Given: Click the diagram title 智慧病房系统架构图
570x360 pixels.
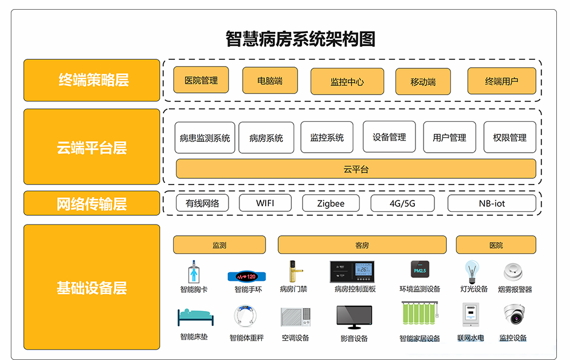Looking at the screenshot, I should pos(300,39).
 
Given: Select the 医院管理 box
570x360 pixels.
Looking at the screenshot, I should pos(201,80).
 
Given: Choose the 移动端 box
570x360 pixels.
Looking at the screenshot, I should pos(423,81).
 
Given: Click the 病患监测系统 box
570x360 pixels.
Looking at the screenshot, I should pos(205,137).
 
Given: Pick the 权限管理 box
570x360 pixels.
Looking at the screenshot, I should pos(510,137).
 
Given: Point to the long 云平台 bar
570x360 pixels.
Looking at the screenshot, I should pos(356,169).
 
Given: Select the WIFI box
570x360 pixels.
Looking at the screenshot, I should pos(265,203).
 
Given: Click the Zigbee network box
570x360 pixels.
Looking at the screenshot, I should pos(331,203).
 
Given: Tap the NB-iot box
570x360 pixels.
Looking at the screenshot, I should pos(491,203).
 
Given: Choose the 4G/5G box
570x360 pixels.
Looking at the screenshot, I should pos(402,203).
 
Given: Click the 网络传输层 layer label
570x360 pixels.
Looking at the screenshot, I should pos(92,203).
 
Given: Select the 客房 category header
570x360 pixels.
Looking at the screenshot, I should pos(362,245).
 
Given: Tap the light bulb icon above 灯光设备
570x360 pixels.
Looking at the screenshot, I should pos(471,272).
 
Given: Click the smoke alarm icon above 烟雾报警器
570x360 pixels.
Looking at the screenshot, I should pos(514,271).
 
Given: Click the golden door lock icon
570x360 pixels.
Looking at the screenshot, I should pos(293,272).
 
